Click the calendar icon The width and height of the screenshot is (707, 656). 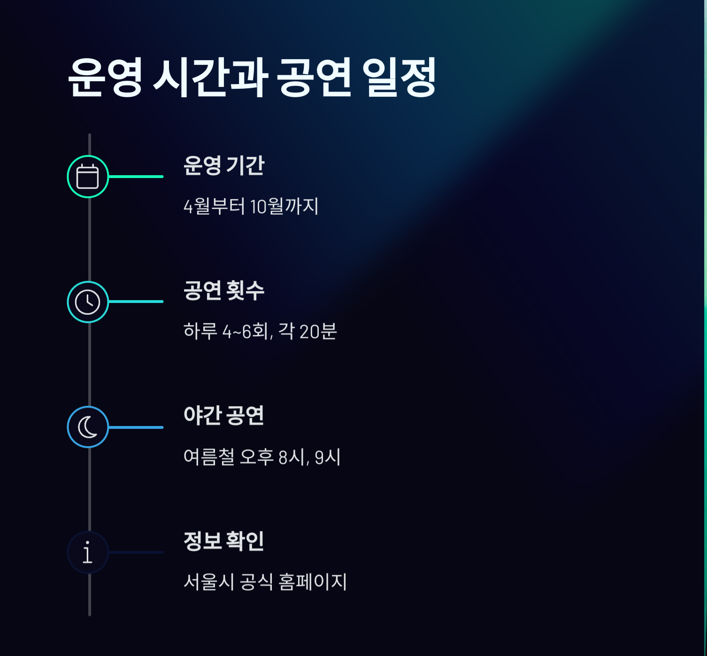tap(88, 177)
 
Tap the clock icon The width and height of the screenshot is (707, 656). tap(88, 302)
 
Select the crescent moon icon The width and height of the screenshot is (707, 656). tap(88, 427)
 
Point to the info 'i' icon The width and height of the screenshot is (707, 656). tap(88, 552)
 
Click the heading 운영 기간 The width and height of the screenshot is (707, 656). tap(224, 165)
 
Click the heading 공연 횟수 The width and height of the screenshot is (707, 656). tap(224, 290)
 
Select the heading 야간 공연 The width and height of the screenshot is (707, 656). tap(223, 416)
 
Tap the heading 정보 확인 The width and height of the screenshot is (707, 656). tap(223, 541)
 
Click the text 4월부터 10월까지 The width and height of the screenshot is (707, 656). tap(251, 206)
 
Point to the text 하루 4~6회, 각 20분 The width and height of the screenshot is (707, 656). tap(260, 332)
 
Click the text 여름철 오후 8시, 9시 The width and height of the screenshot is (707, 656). tap(262, 457)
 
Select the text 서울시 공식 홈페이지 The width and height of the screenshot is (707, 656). tap(265, 582)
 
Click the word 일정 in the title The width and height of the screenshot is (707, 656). tap(399, 77)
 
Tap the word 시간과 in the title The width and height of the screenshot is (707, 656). tap(210, 77)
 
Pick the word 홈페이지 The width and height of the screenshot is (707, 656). tap(312, 582)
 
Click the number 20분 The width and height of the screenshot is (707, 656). tap(318, 332)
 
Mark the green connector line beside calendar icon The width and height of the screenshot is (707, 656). tap(136, 177)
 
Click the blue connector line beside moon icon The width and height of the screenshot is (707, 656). tap(136, 427)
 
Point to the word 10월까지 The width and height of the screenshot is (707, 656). tap(284, 206)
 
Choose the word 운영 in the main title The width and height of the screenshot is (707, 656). tap(105, 77)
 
